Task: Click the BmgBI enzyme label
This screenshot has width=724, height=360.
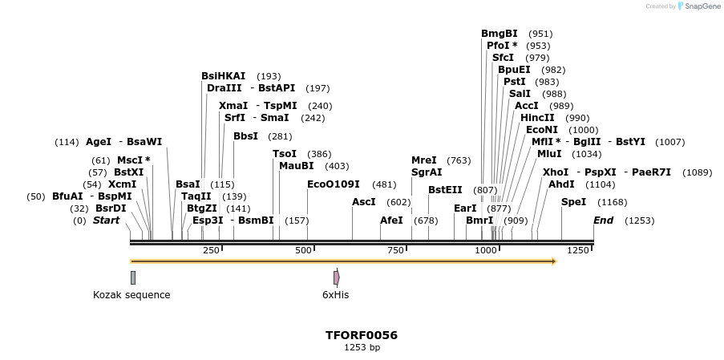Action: click(x=499, y=34)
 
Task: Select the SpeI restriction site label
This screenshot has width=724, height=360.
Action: click(x=573, y=202)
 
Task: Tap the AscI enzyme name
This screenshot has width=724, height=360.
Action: click(x=365, y=202)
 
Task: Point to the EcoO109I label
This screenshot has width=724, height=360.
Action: click(x=334, y=184)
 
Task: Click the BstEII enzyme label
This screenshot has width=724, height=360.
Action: click(x=445, y=190)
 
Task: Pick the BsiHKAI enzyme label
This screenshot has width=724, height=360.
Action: click(x=223, y=76)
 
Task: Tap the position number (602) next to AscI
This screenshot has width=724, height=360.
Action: click(x=398, y=203)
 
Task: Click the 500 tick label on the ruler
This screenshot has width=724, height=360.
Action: click(x=303, y=251)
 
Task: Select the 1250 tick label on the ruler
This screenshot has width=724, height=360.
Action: click(x=578, y=251)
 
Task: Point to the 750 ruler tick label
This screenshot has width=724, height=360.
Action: click(x=395, y=251)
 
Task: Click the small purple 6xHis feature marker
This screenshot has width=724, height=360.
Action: click(x=336, y=277)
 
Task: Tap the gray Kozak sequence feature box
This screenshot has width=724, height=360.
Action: click(x=133, y=277)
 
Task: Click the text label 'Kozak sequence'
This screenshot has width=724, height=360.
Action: click(x=131, y=295)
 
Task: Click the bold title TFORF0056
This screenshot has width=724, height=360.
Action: click(x=362, y=335)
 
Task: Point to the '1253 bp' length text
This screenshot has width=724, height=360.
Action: click(x=362, y=348)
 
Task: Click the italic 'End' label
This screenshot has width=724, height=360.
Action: click(x=603, y=220)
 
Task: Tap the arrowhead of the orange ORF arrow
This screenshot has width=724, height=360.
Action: click(x=552, y=261)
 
